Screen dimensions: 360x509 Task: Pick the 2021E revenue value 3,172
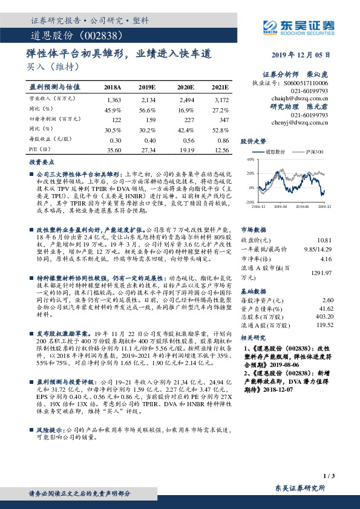tap(221, 99)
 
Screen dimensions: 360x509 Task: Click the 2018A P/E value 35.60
tap(114, 149)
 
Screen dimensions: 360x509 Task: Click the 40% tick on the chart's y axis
tap(249, 159)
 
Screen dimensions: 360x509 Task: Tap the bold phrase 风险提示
tap(50, 429)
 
